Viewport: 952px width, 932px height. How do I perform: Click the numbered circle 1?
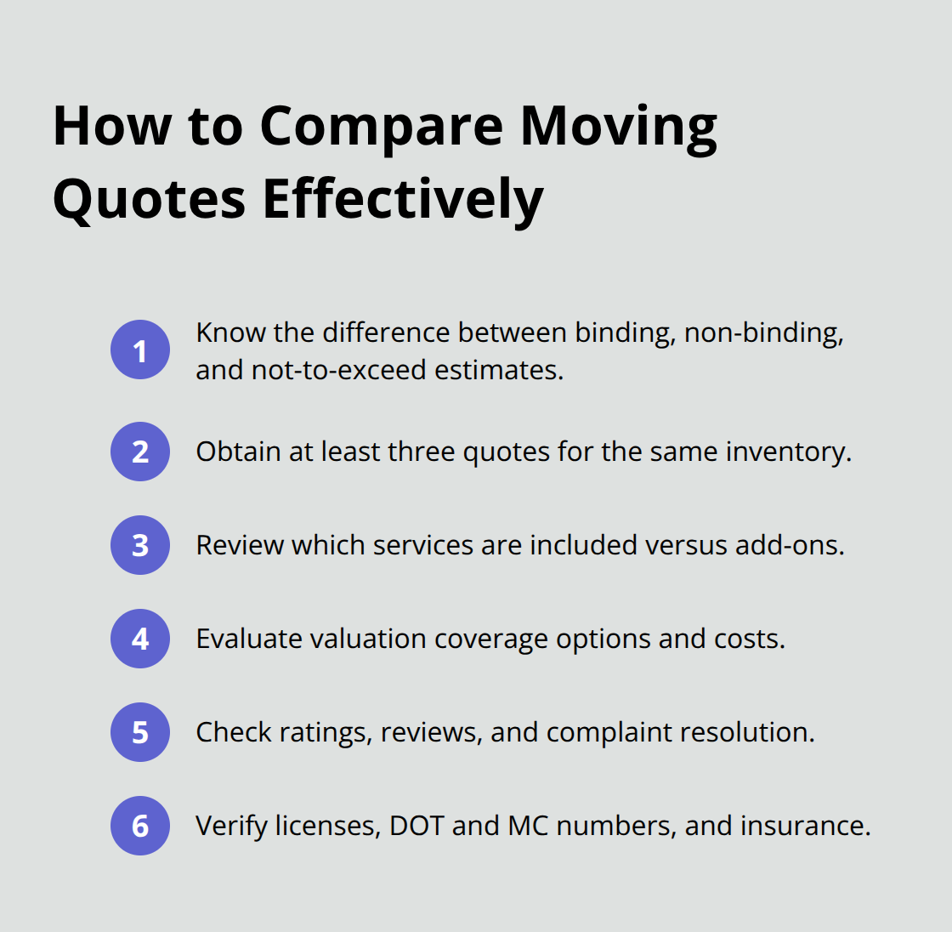pyautogui.click(x=140, y=349)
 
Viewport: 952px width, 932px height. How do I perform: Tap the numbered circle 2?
pyautogui.click(x=140, y=452)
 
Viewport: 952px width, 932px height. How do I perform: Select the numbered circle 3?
pyautogui.click(x=140, y=545)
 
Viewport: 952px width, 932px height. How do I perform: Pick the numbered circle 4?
pyautogui.click(x=140, y=639)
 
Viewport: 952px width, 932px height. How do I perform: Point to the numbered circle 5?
pyautogui.click(x=140, y=732)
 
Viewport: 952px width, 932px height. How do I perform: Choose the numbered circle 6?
pyautogui.click(x=140, y=826)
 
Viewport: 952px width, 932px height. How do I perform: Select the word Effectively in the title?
pyautogui.click(x=402, y=200)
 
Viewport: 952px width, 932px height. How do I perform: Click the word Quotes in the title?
pyautogui.click(x=150, y=200)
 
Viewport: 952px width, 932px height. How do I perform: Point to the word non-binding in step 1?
pyautogui.click(x=763, y=332)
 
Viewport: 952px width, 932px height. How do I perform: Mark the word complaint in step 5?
pyautogui.click(x=609, y=732)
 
